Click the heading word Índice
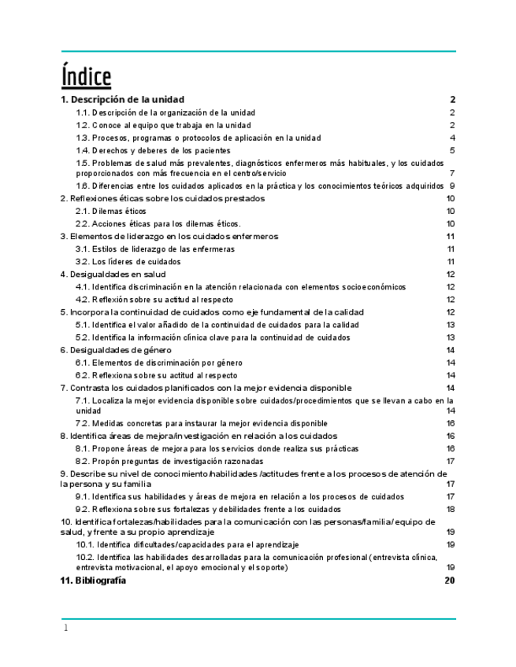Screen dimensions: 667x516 pyautogui.click(x=86, y=77)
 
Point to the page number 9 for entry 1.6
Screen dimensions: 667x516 pyautogui.click(x=453, y=186)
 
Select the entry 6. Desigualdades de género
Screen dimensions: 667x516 pyautogui.click(x=117, y=349)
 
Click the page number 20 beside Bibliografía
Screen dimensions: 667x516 pyautogui.click(x=450, y=580)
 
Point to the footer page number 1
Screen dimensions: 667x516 pyautogui.click(x=66, y=628)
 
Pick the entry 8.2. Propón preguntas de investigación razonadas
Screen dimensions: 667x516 pyautogui.click(x=169, y=461)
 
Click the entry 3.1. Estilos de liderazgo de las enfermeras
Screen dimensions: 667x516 pyautogui.click(x=154, y=249)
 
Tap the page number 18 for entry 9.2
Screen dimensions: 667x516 pyautogui.click(x=451, y=509)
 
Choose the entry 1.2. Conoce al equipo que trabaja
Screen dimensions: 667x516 pyautogui.click(x=163, y=125)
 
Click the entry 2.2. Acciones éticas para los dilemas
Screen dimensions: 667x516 pyautogui.click(x=158, y=223)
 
